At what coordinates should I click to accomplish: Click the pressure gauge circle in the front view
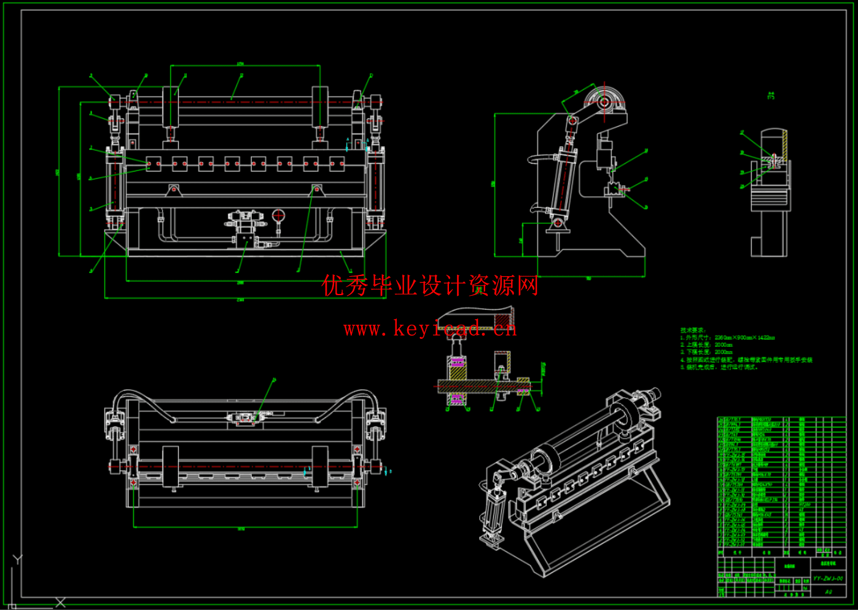coord(278,215)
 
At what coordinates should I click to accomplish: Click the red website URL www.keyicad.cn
coord(430,329)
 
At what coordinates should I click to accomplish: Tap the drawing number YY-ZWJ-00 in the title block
coord(828,579)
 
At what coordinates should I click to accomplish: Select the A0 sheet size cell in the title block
coord(828,592)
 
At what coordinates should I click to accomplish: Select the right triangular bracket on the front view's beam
coord(316,189)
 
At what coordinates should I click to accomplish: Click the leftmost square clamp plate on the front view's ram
coord(154,164)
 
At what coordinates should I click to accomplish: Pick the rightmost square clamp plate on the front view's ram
coord(337,164)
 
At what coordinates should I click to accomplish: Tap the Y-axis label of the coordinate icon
coord(17,560)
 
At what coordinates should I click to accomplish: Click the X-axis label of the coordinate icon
coord(60,603)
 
